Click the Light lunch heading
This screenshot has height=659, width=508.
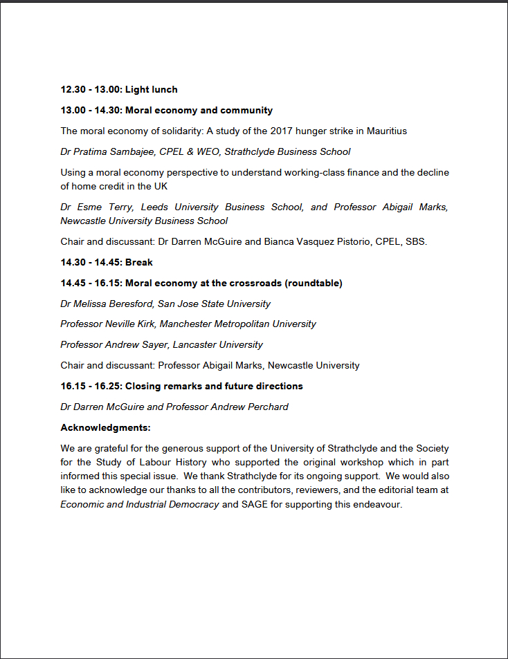151,89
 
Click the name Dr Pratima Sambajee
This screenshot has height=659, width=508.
105,151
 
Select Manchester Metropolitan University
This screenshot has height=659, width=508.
244,324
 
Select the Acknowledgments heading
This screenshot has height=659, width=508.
105,427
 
